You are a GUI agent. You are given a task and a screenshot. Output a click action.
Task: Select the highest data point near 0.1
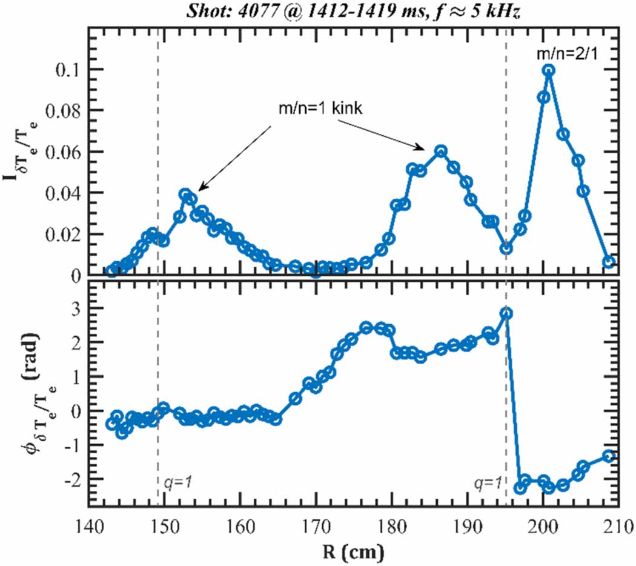[549, 70]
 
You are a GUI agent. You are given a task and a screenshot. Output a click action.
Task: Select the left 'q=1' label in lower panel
[178, 483]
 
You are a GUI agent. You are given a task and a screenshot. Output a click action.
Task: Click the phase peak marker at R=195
[506, 313]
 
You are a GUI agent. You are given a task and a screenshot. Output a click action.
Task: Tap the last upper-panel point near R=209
[609, 262]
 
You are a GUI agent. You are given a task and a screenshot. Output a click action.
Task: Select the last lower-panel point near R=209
[609, 456]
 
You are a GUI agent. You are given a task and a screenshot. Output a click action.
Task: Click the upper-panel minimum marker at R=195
[506, 248]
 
